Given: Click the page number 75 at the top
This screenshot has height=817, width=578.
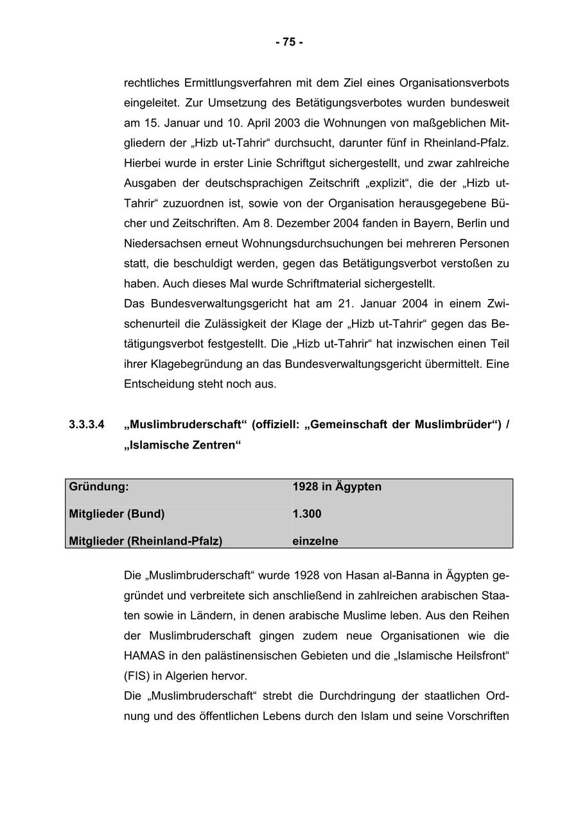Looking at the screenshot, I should click(289, 42).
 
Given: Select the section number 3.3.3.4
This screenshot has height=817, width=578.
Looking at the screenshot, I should click(87, 424).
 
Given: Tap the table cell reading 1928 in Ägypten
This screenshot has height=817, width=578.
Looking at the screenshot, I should click(337, 486).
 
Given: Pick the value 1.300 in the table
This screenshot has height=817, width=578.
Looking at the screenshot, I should click(307, 514).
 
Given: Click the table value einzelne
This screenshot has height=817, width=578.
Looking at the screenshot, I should click(315, 541).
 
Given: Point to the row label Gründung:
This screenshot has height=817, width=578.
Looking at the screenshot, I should click(99, 486).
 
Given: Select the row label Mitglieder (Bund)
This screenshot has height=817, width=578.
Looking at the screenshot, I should click(117, 514).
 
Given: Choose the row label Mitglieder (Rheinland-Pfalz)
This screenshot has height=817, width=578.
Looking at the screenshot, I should click(146, 541).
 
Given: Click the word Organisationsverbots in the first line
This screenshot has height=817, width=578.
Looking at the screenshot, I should click(454, 83).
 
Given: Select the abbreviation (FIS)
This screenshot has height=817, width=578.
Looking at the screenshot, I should click(136, 676).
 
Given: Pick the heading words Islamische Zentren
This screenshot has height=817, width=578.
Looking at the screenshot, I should click(182, 445).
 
